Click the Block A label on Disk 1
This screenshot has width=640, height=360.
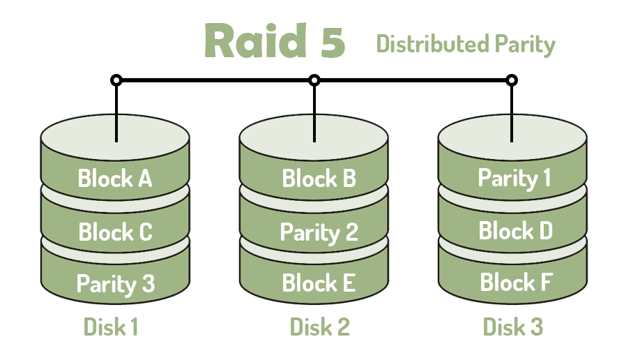tap(115, 179)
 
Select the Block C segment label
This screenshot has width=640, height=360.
tap(115, 232)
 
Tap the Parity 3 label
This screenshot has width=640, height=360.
tap(115, 284)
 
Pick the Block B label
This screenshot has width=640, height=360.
tap(319, 179)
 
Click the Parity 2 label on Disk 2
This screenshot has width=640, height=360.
tap(319, 232)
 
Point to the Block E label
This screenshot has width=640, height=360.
tap(319, 283)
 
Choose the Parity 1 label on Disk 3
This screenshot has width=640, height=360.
tap(515, 178)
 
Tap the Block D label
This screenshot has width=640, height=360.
tap(516, 230)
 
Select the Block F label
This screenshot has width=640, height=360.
tap(517, 283)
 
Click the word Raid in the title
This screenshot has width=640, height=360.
tap(256, 42)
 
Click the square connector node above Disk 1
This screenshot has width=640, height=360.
tap(116, 80)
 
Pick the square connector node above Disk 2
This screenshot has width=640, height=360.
tap(314, 80)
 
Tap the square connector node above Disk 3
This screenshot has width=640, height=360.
tap(512, 80)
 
